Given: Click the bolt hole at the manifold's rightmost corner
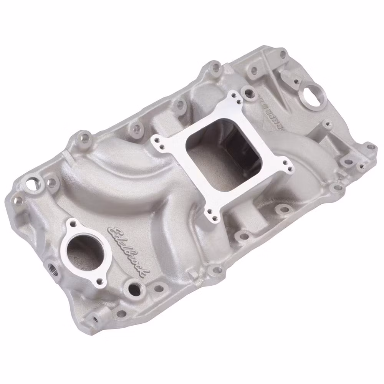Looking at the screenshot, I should (x=371, y=147).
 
